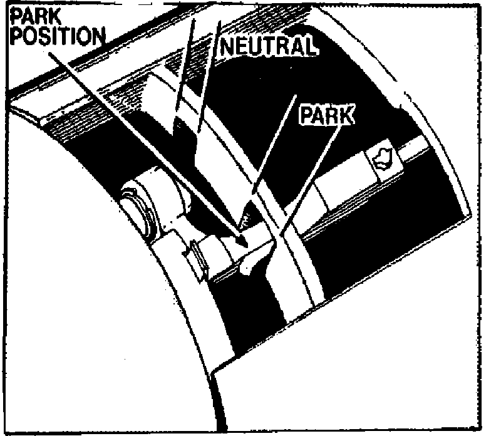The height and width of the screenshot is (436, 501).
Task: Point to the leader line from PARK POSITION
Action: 144,138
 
